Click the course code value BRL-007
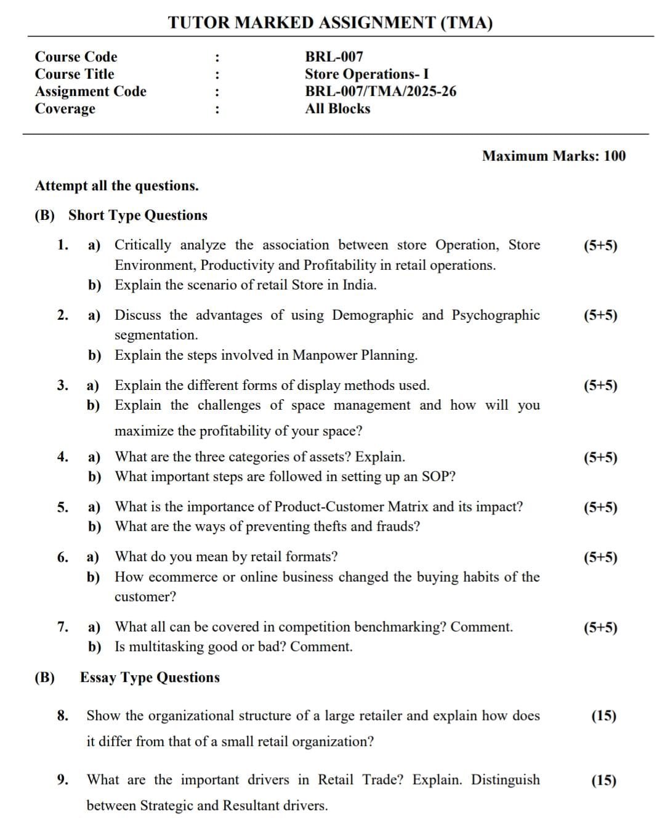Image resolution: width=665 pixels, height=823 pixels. [x=334, y=57]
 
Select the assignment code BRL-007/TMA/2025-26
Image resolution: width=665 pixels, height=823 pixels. [x=381, y=91]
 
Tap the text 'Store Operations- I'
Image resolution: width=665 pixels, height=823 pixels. [x=366, y=74]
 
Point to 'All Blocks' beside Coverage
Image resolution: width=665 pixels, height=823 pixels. [x=337, y=108]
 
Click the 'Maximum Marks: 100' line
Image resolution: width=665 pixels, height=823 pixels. [x=553, y=156]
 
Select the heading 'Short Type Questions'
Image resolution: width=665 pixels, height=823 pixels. [x=138, y=216]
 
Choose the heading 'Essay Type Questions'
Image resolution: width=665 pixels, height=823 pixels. [x=150, y=678]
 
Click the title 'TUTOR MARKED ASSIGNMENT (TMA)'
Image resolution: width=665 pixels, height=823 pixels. [x=330, y=23]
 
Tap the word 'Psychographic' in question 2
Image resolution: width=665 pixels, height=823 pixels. [x=496, y=315]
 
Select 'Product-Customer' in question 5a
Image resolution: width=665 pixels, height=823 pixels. [x=329, y=507]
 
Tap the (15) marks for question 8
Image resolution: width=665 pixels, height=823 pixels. [x=603, y=716]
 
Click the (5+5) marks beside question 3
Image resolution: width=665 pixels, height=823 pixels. [x=600, y=386]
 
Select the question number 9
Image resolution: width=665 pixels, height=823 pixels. [x=63, y=780]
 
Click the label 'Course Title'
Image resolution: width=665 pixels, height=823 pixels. [x=75, y=74]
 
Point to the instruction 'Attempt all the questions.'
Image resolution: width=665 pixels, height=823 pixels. [x=117, y=186]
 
